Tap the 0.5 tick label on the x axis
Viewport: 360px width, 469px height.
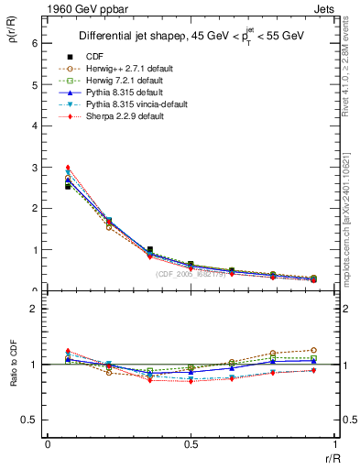pyautogui.click(x=191, y=444)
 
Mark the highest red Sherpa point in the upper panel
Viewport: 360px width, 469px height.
pyautogui.click(x=68, y=168)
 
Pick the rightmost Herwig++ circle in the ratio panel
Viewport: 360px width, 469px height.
pyautogui.click(x=313, y=350)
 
